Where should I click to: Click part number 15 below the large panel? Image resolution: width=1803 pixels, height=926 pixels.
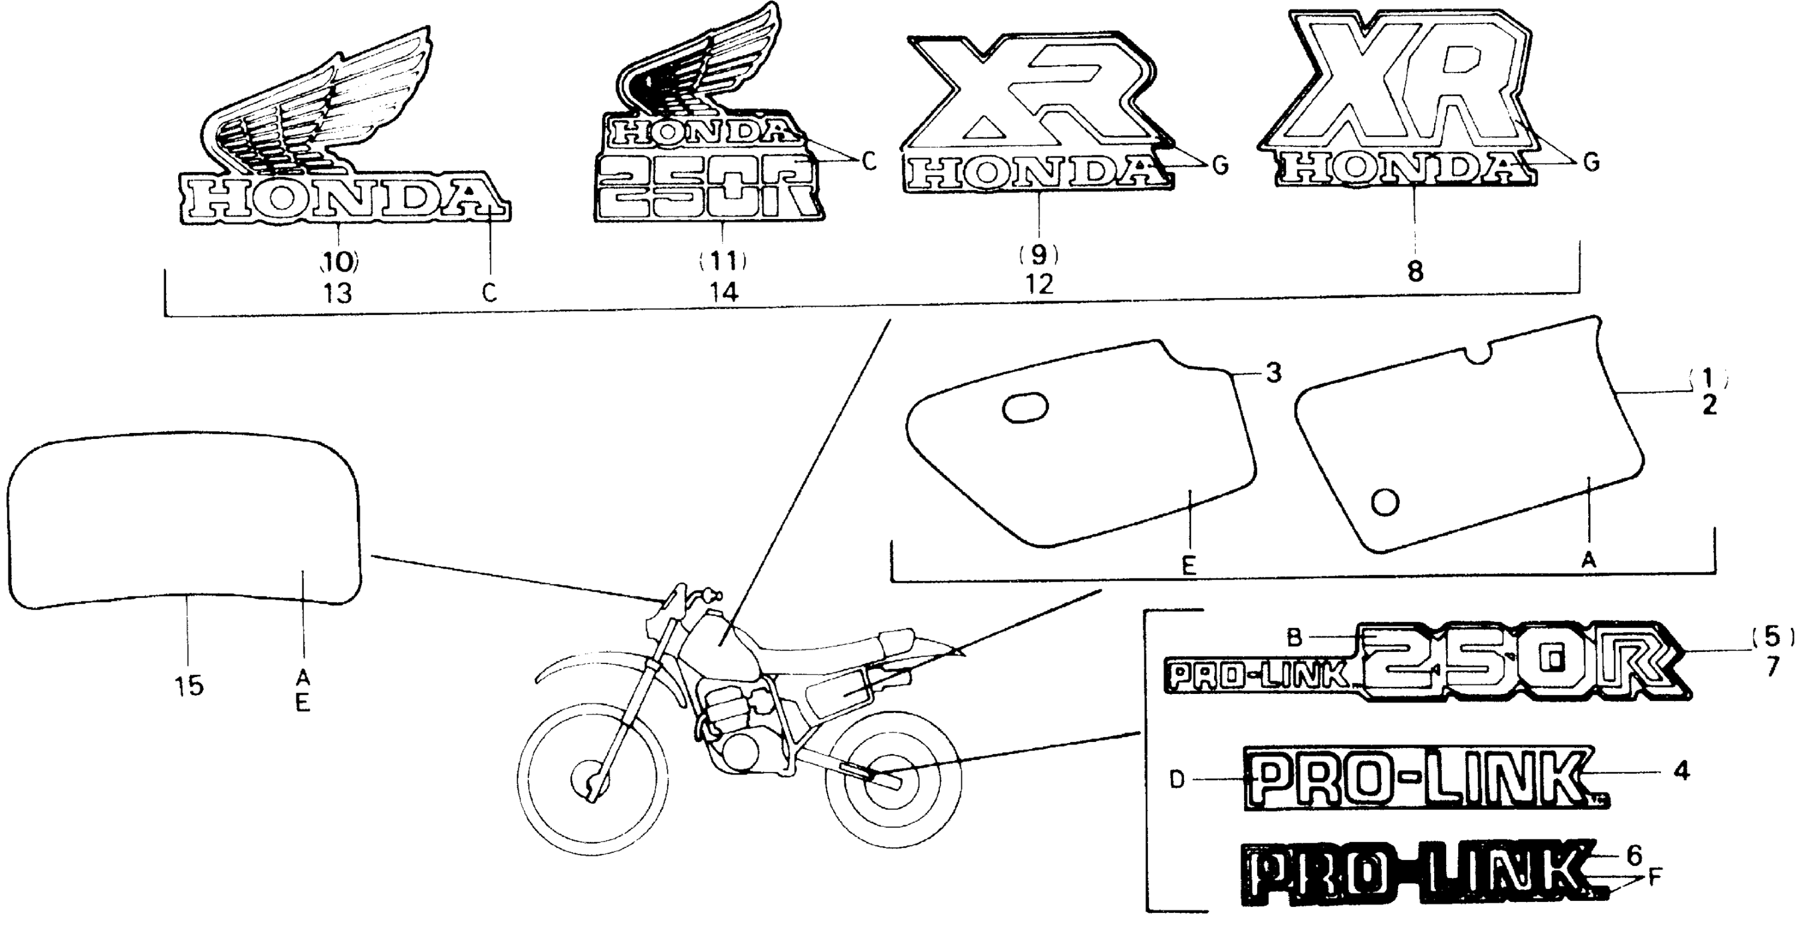[x=189, y=685]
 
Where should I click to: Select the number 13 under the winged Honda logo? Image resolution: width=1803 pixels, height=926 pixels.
[x=337, y=293]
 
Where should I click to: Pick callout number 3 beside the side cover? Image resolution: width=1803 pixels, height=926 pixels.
[x=1274, y=373]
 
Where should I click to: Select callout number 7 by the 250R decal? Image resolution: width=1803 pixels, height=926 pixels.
[x=1771, y=667]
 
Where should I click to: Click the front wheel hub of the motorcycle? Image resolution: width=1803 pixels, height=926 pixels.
[x=590, y=784]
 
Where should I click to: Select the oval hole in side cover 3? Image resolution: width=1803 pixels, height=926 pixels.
[x=1025, y=407]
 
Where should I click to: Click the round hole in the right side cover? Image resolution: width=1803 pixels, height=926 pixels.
[x=1386, y=501]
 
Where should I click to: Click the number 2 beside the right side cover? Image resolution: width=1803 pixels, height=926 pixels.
[x=1709, y=405]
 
